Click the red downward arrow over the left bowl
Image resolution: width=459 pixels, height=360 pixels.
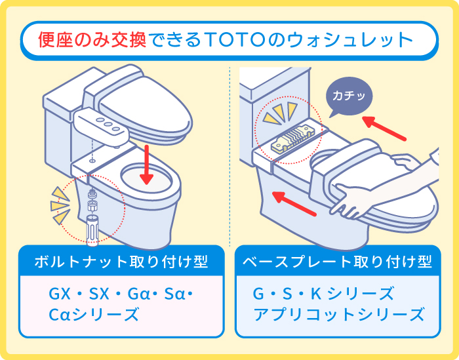tap(149, 163)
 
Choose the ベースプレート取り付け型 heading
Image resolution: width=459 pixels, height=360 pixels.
tap(337, 262)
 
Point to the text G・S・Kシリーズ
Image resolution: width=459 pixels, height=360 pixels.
tap(323, 293)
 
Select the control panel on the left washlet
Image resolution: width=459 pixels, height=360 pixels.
tap(101, 127)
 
